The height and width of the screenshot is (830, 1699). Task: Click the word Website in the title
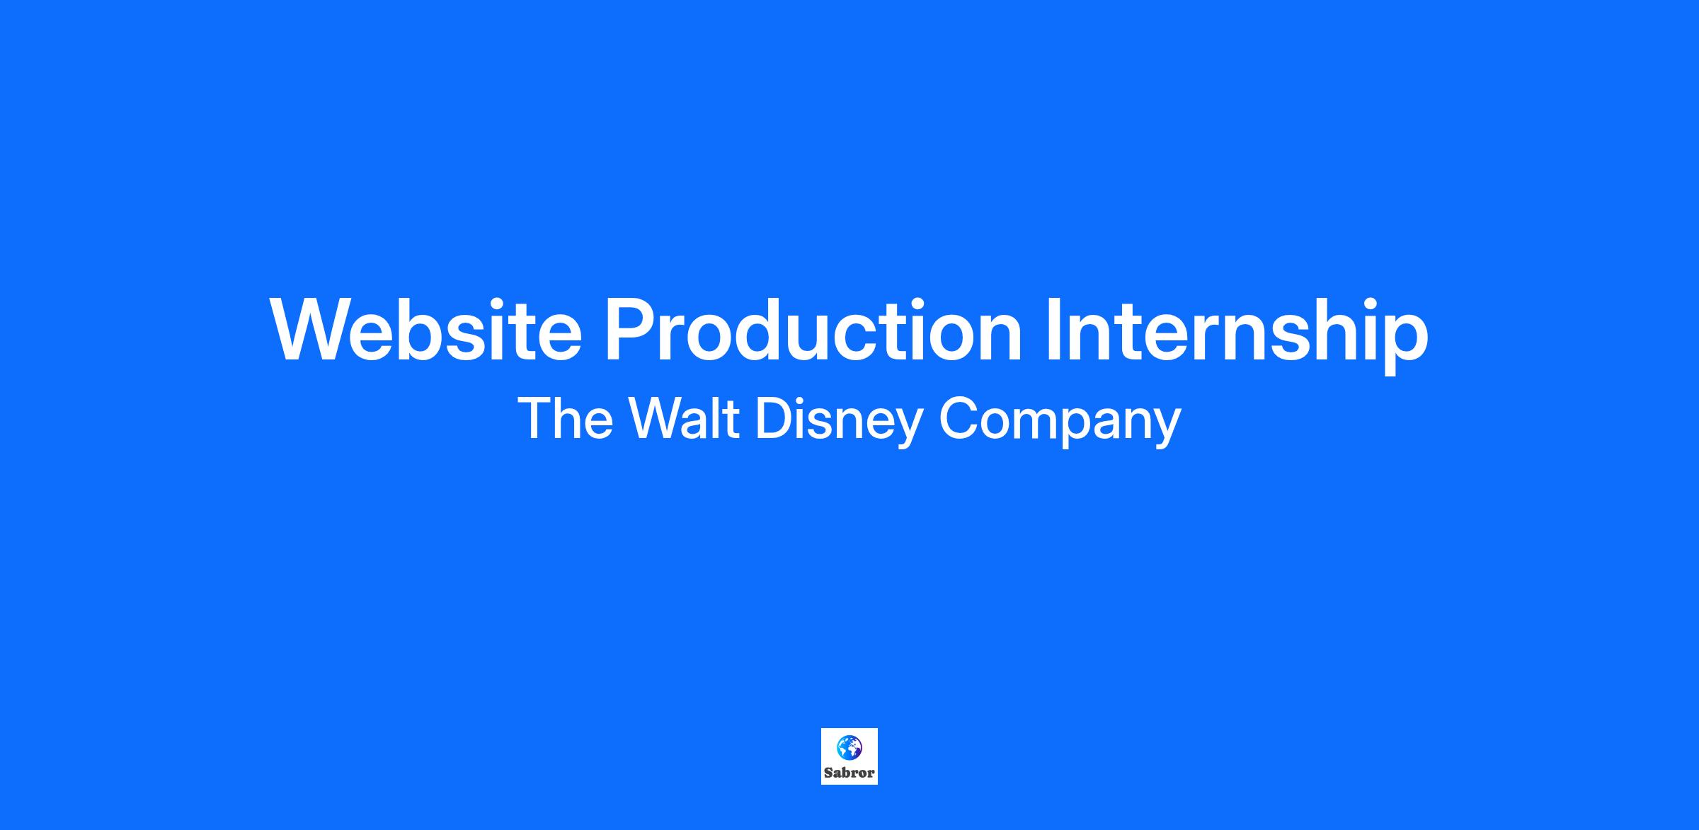pos(426,330)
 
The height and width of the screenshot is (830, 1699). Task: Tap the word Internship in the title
pos(1237,335)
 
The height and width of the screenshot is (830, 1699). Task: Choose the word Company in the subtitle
pos(1060,422)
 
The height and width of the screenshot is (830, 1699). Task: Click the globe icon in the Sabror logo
pos(849,747)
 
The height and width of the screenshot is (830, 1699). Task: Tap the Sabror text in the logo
pos(849,773)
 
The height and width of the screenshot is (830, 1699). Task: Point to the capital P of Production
pos(629,330)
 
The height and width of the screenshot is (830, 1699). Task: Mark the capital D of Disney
pos(775,418)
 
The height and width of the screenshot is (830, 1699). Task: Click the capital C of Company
pos(959,418)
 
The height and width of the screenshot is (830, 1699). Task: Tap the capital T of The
pos(534,418)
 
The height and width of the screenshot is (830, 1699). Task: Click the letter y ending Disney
pos(908,429)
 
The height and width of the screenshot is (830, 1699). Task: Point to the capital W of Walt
pos(658,418)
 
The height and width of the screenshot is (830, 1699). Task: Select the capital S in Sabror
pos(828,773)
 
